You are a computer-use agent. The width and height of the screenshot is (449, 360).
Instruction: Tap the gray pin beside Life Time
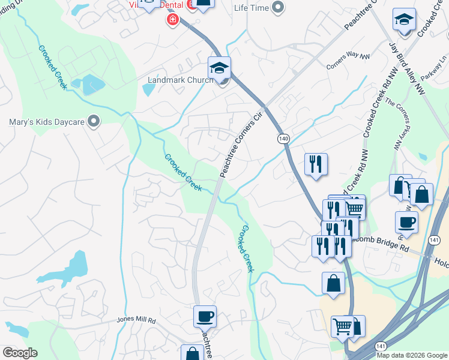pos(278,7)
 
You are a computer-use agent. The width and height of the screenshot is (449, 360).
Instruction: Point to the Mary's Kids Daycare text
pos(46,122)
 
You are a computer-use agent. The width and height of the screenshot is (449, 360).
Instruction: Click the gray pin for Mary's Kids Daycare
pos(93,122)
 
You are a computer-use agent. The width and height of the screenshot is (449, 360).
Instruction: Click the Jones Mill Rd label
pos(136,321)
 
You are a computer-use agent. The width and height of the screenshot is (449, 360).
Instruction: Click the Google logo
pos(20,352)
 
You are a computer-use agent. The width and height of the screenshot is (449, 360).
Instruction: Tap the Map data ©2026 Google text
pos(412,355)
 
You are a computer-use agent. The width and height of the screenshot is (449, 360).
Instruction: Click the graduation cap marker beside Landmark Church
pos(220,67)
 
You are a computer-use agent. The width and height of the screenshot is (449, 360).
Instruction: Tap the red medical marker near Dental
pos(173,20)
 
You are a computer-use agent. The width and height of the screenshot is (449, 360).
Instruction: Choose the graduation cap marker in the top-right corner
pos(404,20)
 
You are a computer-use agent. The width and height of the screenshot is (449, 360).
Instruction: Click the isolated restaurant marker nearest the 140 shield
pos(316,164)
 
